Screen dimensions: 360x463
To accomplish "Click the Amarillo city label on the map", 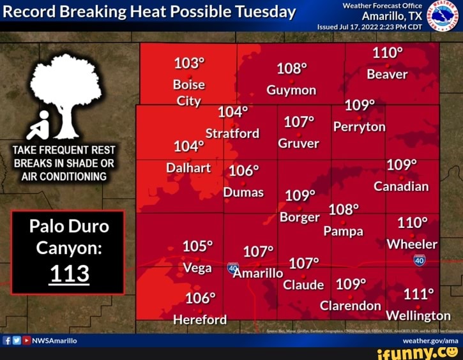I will (258, 273).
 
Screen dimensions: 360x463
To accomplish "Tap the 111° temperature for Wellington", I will (418, 294).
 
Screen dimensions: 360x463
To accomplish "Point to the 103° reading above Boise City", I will (189, 63).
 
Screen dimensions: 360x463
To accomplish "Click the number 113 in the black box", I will (69, 273).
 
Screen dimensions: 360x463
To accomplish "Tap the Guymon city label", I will (291, 90).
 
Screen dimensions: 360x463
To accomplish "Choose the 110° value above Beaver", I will (388, 53).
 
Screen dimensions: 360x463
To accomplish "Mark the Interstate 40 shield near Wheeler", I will (419, 260).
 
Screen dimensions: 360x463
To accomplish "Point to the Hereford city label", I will (200, 319).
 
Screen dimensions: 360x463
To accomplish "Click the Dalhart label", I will (188, 168).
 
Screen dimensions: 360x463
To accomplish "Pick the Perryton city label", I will (360, 126).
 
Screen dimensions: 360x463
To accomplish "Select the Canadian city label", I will (401, 186).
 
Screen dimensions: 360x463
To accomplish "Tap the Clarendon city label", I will (351, 306).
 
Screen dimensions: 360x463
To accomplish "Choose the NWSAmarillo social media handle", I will (54, 341).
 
